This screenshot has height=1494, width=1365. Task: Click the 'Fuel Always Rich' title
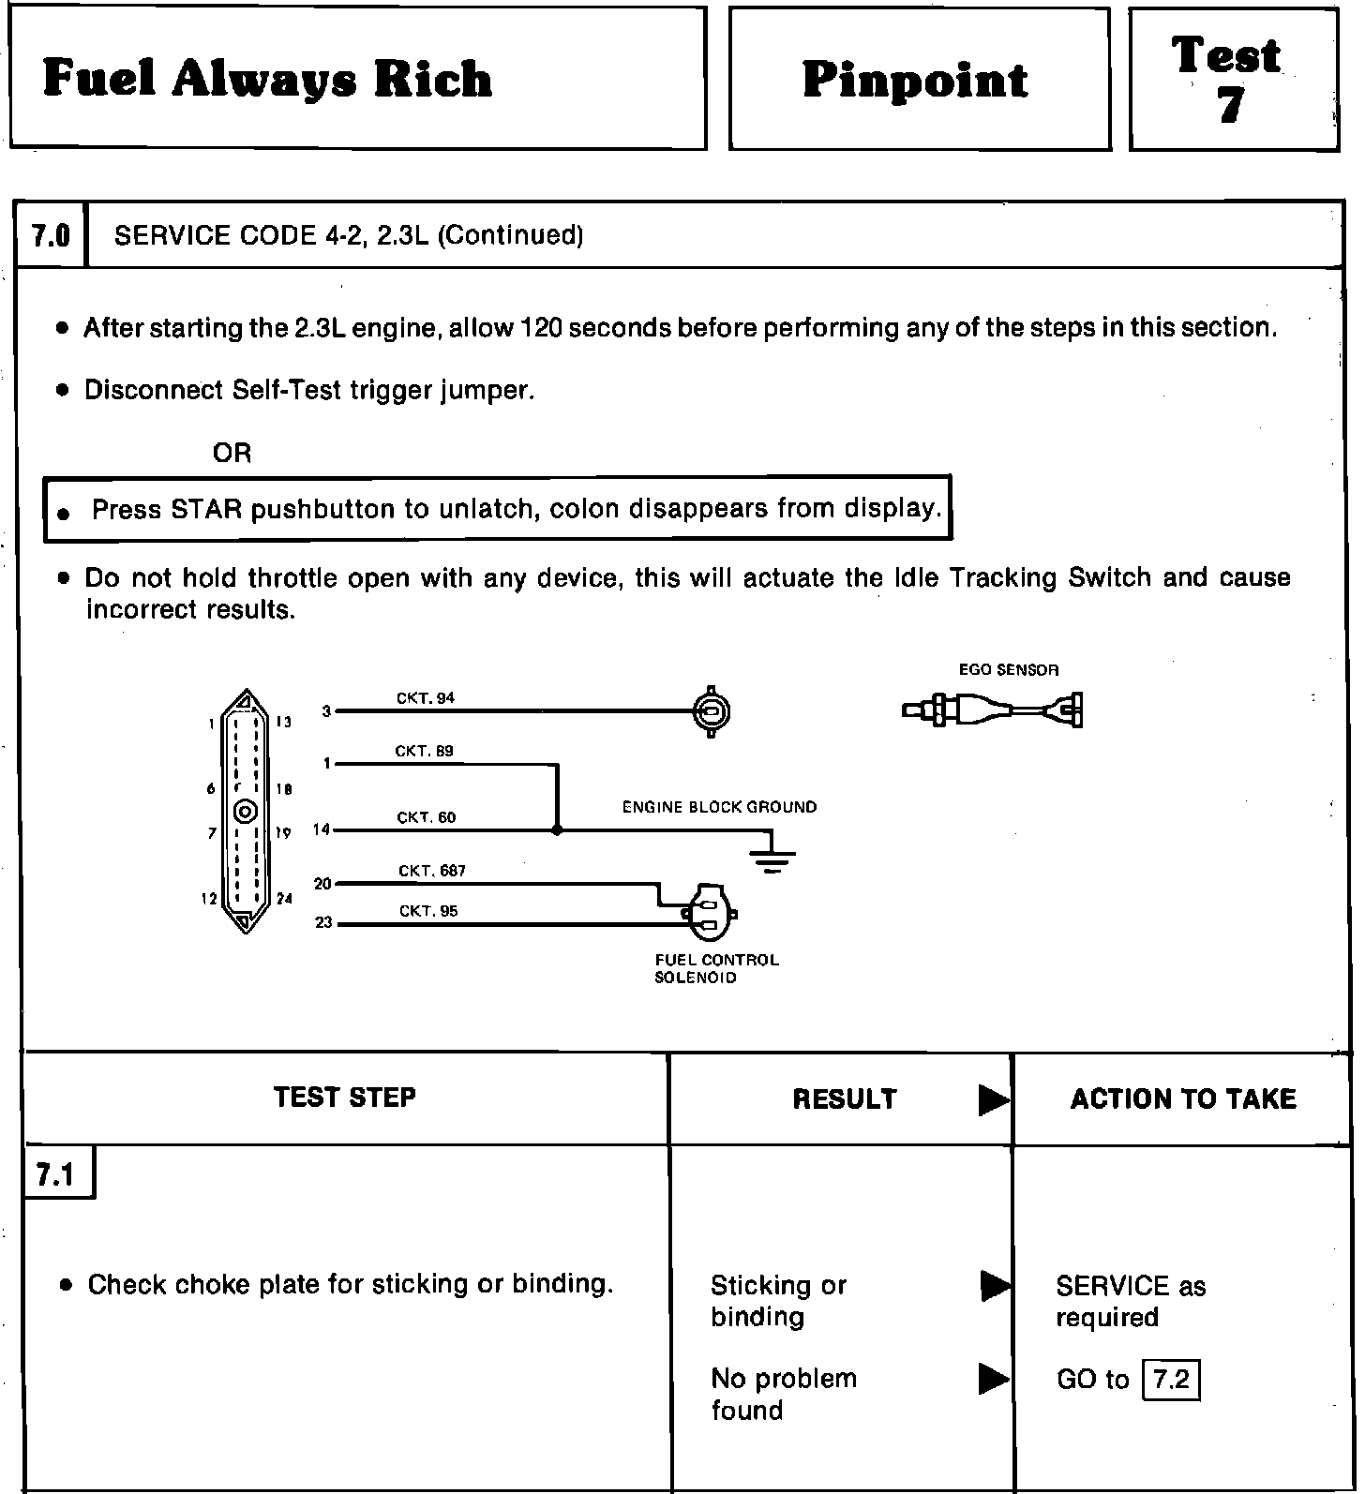coord(267,79)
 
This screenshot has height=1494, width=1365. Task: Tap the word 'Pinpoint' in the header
coord(915,81)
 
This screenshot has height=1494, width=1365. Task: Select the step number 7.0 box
coord(51,235)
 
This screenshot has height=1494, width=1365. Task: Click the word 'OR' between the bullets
coord(232,454)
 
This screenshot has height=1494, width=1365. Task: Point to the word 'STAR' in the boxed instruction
coord(206,509)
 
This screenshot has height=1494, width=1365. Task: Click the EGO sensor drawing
coord(992,710)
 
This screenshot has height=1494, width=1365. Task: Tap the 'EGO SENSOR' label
coord(1008,670)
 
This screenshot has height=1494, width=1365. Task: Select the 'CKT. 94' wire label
coord(426,698)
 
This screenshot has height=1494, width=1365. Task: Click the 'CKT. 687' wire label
coord(432,871)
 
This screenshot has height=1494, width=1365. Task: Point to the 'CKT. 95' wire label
coord(428,911)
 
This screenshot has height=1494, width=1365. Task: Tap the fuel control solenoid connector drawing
coord(710,912)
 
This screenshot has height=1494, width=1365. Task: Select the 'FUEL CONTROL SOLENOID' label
coord(716,968)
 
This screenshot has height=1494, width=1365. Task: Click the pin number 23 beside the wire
coord(323,922)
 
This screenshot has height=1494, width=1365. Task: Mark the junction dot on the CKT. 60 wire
coord(558,829)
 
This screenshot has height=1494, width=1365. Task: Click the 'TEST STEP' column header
coord(344,1098)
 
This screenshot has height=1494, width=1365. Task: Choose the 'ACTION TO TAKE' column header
coord(1183,1098)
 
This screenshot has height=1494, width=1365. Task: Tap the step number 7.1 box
coord(55,1174)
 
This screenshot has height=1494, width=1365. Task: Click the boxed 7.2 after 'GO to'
coord(1171,1380)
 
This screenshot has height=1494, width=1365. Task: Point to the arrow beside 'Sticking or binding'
coord(994,1286)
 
